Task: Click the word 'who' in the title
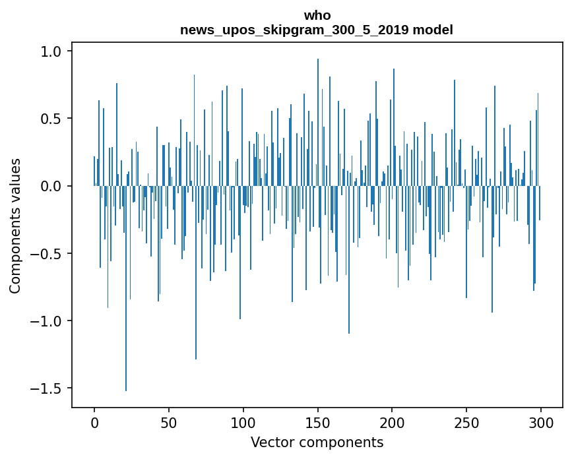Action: tap(317, 15)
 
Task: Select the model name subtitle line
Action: tap(317, 30)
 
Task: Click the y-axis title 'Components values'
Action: tap(15, 226)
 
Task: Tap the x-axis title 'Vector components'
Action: tap(317, 442)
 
